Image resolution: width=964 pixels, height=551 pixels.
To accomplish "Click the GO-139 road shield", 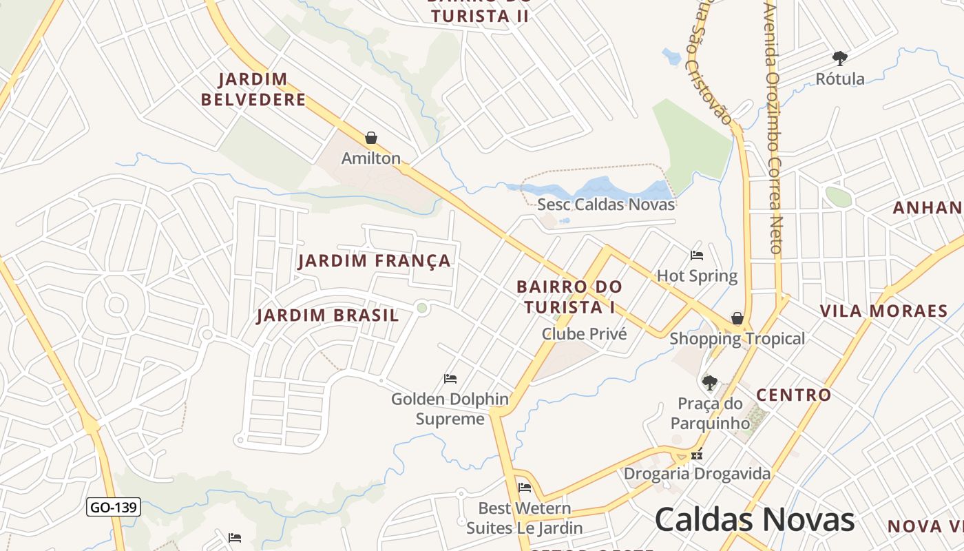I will (114, 508).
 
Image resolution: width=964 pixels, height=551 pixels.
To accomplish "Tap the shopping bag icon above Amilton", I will (371, 138).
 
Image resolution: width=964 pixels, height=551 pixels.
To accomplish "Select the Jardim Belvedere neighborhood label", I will (253, 90).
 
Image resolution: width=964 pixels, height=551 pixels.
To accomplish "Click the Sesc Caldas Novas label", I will (606, 205).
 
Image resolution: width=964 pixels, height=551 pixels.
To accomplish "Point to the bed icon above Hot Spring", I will (697, 256).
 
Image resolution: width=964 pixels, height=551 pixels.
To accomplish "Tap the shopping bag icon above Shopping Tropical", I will (737, 318).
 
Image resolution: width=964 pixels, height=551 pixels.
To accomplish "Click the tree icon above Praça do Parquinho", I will (710, 382).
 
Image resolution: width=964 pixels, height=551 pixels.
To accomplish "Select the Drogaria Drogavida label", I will (697, 474).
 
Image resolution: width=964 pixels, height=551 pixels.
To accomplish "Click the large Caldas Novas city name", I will (755, 519).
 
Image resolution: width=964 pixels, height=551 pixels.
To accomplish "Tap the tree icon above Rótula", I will (840, 58).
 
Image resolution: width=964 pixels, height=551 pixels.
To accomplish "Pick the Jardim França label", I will (375, 261).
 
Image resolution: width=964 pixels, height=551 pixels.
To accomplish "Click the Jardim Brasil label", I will (328, 315).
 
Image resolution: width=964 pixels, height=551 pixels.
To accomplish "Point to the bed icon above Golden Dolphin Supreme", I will (450, 379).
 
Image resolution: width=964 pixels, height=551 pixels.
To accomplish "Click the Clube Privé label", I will (585, 334).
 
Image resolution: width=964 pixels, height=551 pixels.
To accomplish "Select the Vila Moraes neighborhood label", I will (884, 311).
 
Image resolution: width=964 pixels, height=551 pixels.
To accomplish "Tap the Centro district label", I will (794, 395).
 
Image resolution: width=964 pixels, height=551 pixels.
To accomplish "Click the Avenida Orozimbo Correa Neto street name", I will (773, 127).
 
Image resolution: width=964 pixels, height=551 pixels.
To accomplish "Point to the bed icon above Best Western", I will (525, 488).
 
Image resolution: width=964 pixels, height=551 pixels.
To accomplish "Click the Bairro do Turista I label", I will (569, 297).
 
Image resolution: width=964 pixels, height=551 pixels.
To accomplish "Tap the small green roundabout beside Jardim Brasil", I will (422, 308).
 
